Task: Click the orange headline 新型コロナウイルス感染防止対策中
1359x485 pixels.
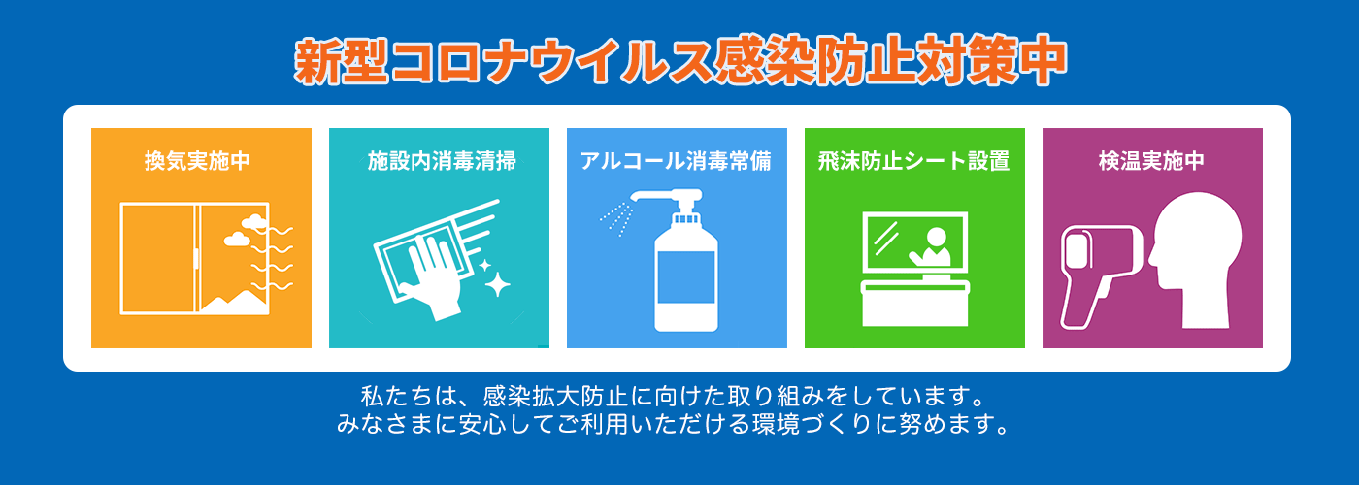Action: [680, 61]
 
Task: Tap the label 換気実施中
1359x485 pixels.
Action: [198, 161]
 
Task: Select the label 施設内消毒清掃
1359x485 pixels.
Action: [442, 161]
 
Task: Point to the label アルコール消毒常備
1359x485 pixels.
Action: [676, 161]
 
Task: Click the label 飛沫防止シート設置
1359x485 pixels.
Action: [913, 161]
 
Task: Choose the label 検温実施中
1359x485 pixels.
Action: [1151, 161]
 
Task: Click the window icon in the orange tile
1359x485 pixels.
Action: [194, 259]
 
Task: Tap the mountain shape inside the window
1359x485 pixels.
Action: [235, 303]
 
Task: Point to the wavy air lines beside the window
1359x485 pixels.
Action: [273, 258]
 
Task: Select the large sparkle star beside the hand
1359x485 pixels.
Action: [497, 284]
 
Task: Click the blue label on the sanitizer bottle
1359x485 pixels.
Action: [686, 277]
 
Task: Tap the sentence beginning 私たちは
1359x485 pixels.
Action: [674, 396]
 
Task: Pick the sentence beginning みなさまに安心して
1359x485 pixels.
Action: [674, 424]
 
